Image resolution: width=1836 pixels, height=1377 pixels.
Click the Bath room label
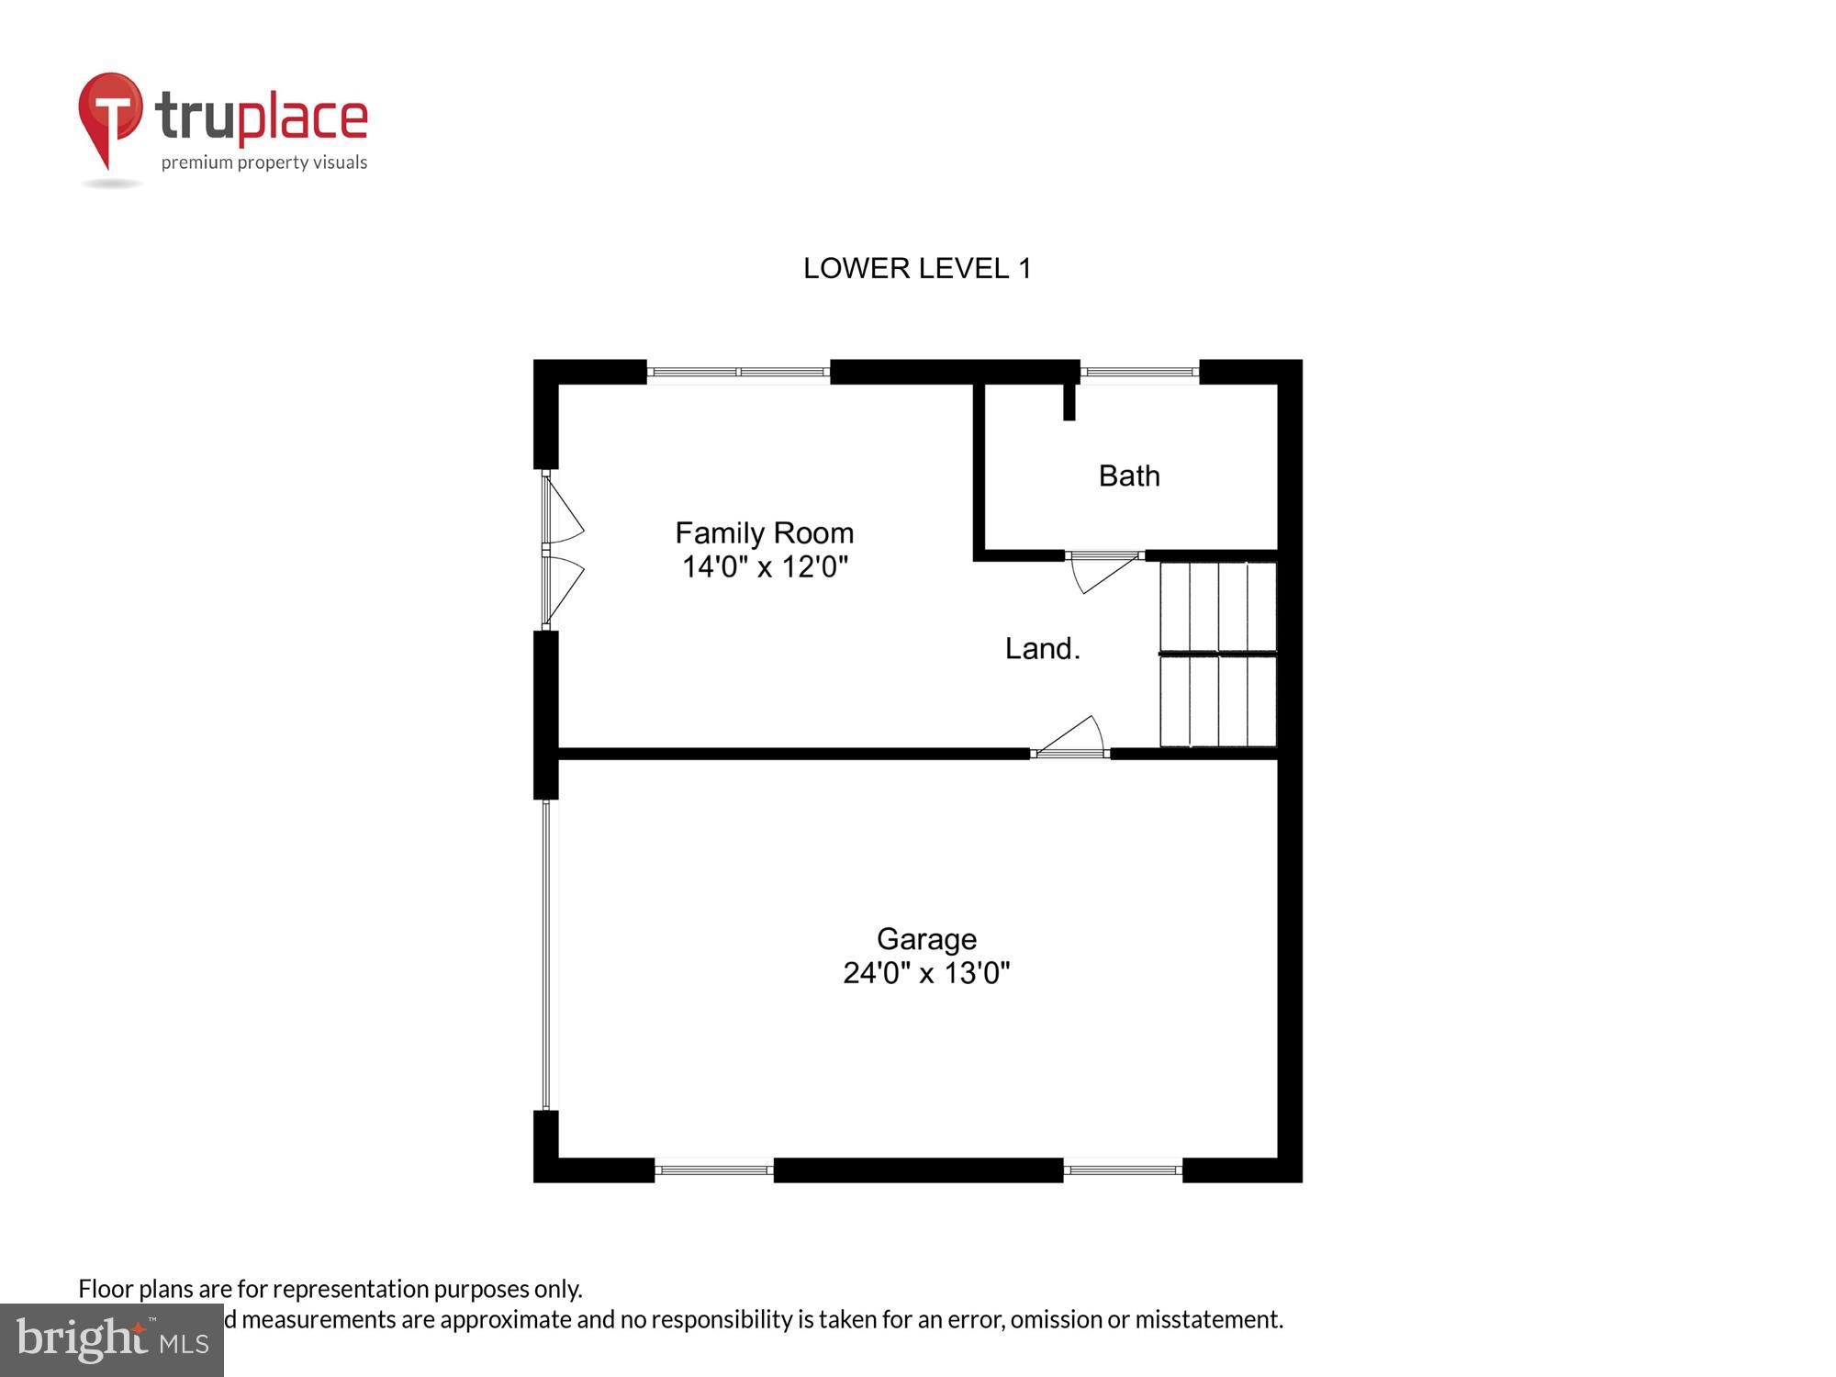[x=1129, y=476]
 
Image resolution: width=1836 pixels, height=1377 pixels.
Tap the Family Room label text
[x=764, y=532]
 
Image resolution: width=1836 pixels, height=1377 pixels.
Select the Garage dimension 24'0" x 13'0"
[x=926, y=973]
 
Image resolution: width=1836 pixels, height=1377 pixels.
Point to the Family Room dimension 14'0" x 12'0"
[x=764, y=566]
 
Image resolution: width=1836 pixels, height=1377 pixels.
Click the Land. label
[x=1042, y=649]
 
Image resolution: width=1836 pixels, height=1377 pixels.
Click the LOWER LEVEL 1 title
[x=917, y=268]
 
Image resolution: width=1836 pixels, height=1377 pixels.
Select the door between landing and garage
[x=1070, y=740]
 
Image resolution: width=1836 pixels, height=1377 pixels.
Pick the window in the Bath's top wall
[x=1139, y=372]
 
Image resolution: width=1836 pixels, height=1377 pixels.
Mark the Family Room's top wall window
[x=738, y=372]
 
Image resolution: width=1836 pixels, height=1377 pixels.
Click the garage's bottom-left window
[x=714, y=1170]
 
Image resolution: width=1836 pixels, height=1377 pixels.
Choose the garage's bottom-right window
[x=1122, y=1170]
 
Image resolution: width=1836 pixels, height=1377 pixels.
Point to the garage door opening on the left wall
[x=546, y=955]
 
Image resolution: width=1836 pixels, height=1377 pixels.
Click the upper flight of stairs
[x=1218, y=606]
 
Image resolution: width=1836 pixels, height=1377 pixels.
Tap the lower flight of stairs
[x=1218, y=701]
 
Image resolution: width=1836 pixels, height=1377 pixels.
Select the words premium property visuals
[x=264, y=163]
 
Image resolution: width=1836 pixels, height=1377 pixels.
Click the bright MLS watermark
[x=112, y=1339]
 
